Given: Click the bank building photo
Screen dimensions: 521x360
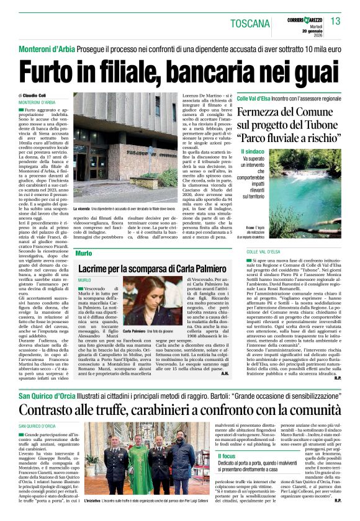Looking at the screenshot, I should (x=126, y=148).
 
